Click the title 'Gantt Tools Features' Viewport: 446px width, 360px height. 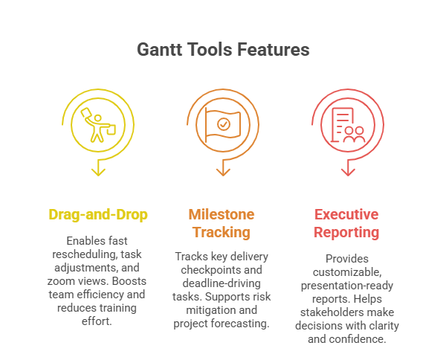(x=223, y=51)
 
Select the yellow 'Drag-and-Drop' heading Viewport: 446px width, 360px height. (x=98, y=215)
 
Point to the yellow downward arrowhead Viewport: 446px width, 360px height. (x=98, y=171)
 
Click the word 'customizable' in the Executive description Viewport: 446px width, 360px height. (x=347, y=272)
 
